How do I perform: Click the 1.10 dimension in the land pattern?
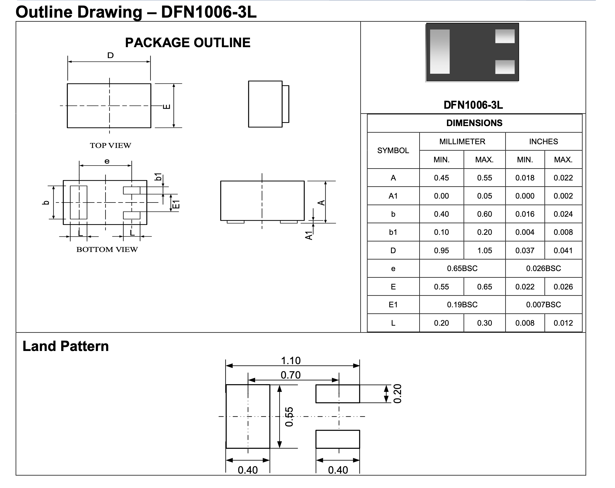tap(291, 361)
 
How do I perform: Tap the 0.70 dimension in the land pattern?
tap(291, 375)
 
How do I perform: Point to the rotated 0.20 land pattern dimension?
tap(397, 394)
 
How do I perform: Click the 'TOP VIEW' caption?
tap(110, 146)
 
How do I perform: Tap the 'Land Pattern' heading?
tap(66, 346)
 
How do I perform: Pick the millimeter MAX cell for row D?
tap(484, 250)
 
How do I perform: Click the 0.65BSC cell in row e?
tap(462, 268)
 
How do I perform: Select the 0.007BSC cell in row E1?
tap(543, 305)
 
